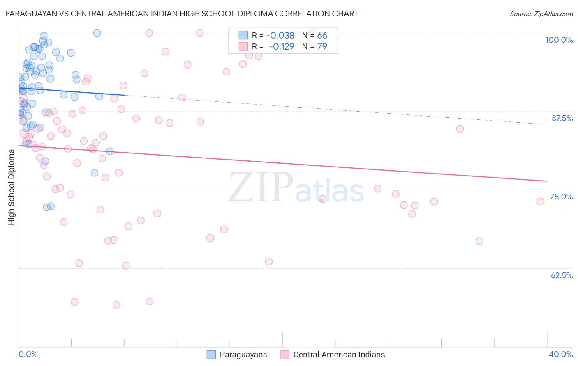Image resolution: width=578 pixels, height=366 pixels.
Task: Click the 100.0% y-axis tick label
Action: (x=559, y=40)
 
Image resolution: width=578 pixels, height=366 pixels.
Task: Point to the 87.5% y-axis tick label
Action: (x=562, y=118)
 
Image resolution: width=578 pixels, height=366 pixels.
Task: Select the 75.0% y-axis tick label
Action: (x=561, y=197)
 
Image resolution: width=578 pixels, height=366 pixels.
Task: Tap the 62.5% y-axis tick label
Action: (x=562, y=275)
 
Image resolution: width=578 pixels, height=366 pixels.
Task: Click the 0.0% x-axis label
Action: (x=28, y=354)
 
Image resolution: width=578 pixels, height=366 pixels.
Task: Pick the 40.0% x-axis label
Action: (x=560, y=354)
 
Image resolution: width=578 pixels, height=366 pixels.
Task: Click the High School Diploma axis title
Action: (x=12, y=187)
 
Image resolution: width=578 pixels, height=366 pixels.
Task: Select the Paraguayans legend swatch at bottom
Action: (x=211, y=355)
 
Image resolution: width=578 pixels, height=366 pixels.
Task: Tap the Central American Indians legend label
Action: (x=339, y=355)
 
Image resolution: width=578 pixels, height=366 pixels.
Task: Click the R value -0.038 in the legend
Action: (x=280, y=36)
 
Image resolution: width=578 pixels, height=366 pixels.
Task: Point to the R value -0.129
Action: (x=281, y=47)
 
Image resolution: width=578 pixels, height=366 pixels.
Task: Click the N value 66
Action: (x=322, y=36)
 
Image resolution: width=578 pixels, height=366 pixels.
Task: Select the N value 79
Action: (x=322, y=47)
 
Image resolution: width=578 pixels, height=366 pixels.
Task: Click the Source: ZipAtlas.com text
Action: (x=541, y=14)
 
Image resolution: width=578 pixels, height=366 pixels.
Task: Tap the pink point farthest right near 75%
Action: (x=541, y=201)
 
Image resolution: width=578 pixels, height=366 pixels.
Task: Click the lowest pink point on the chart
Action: (x=116, y=304)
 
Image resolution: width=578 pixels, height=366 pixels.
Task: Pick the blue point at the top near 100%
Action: (x=97, y=33)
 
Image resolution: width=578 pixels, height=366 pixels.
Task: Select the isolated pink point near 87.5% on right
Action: (x=460, y=129)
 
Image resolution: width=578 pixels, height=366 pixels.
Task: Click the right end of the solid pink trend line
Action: (x=547, y=181)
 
